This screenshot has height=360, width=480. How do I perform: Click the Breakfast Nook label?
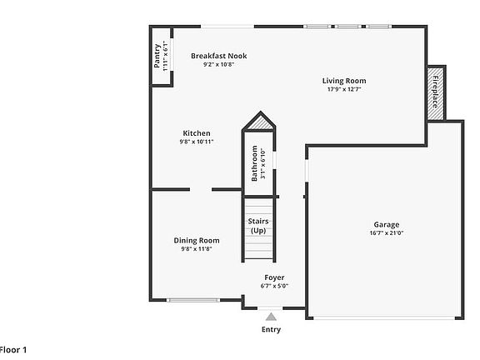pyautogui.click(x=219, y=56)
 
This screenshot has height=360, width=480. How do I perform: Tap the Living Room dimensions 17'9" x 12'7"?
pyautogui.click(x=344, y=89)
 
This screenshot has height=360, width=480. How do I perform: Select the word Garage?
pyautogui.click(x=387, y=225)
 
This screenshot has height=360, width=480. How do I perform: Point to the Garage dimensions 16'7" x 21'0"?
pyautogui.click(x=387, y=233)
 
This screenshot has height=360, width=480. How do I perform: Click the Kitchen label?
pyautogui.click(x=197, y=133)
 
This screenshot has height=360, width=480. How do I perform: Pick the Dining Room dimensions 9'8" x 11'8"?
pyautogui.click(x=197, y=249)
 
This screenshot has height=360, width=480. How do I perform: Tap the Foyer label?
pyautogui.click(x=274, y=277)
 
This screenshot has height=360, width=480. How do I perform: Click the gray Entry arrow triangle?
pyautogui.click(x=271, y=317)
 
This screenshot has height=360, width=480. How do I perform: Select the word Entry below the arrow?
pyautogui.click(x=271, y=329)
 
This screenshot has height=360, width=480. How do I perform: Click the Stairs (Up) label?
pyautogui.click(x=258, y=226)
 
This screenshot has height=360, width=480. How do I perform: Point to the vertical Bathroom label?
pyautogui.click(x=254, y=163)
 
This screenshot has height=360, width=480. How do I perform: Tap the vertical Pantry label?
pyautogui.click(x=157, y=56)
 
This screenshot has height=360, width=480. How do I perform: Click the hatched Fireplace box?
pyautogui.click(x=435, y=93)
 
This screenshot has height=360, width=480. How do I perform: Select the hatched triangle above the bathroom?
pyautogui.click(x=260, y=123)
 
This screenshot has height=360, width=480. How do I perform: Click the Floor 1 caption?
pyautogui.click(x=13, y=350)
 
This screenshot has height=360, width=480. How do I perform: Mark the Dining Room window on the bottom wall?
pyautogui.click(x=193, y=300)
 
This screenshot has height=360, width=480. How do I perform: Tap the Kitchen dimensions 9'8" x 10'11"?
pyautogui.click(x=197, y=142)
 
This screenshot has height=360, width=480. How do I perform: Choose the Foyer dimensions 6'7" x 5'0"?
pyautogui.click(x=274, y=286)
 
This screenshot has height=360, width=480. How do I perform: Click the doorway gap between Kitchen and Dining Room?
pyautogui.click(x=201, y=190)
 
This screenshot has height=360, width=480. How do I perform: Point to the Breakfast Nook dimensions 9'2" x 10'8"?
pyautogui.click(x=219, y=64)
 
